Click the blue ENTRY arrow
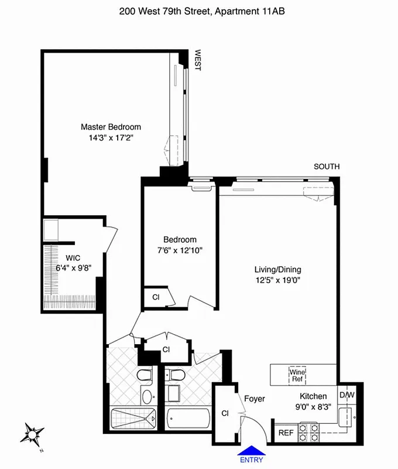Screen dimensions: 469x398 click(251, 454)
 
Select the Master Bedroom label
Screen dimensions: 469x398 click(111, 127)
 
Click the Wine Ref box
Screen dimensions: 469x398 click(297, 375)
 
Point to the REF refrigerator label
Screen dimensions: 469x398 click(286, 434)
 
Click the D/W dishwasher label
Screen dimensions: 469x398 click(347, 395)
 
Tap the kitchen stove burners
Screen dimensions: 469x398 click(309, 433)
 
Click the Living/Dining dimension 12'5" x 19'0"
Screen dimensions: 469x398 click(277, 281)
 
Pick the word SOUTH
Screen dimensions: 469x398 click(327, 167)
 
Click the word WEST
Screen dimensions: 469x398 click(197, 60)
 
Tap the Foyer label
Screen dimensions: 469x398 click(255, 399)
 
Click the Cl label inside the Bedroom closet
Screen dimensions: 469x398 click(156, 297)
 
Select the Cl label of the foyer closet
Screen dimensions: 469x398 click(225, 413)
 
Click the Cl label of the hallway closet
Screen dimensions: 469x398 click(166, 349)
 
